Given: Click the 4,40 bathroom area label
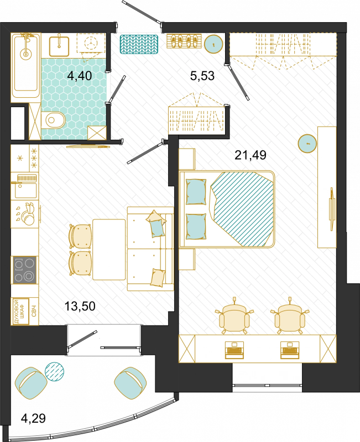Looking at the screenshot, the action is tap(80, 76).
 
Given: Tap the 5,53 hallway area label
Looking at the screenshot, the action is tap(202, 76).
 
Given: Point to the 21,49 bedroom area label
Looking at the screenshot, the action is tap(251, 155).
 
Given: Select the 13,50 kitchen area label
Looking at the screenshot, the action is tap(80, 306).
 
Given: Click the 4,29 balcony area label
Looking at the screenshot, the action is tap(33, 418).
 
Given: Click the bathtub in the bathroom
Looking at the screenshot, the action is tap(25, 65).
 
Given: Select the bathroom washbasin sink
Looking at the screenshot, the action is tap(59, 46).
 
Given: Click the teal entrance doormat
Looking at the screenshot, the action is tap(139, 44).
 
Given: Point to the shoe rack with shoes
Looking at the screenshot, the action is tap(184, 41).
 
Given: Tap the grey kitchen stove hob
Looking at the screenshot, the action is tap(24, 270).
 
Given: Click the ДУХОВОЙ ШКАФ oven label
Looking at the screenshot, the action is tap(20, 312).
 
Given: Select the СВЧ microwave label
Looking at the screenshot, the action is tap(34, 311).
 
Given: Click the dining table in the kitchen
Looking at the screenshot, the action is tap(109, 250).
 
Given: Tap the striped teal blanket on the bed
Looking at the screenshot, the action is tap(243, 209).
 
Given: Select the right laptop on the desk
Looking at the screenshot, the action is tap(290, 350).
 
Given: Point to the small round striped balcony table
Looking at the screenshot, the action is tap(54, 371).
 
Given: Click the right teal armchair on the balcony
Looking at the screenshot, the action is tap(131, 383).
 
